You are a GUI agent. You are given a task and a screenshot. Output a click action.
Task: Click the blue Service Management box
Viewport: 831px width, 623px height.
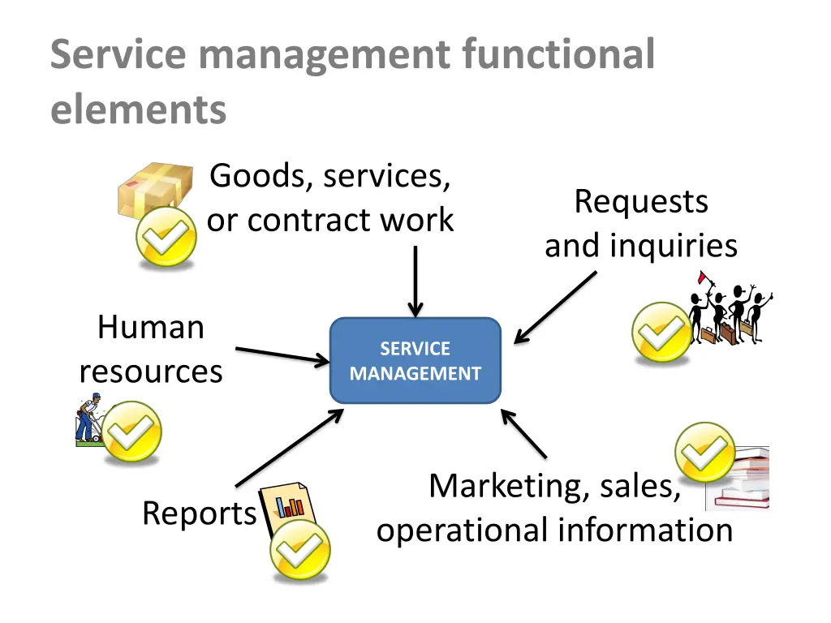(415, 361)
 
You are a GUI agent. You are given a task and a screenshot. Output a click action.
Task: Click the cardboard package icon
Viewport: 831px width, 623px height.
(154, 188)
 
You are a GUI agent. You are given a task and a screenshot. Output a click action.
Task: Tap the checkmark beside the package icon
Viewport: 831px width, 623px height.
(166, 237)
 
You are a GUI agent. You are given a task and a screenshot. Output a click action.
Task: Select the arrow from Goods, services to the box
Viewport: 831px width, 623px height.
(415, 281)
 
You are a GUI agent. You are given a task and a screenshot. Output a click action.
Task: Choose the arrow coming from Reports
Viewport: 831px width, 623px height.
(289, 448)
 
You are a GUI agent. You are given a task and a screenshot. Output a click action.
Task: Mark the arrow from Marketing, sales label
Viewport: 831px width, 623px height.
(524, 434)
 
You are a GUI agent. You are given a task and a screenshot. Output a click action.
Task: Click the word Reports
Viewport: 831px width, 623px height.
(199, 513)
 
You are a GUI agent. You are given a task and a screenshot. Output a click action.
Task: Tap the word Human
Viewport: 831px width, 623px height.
(150, 328)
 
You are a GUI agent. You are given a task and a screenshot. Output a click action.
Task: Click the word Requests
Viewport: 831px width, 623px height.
(641, 201)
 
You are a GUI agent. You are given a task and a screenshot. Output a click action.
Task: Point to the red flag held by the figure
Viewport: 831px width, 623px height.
(704, 278)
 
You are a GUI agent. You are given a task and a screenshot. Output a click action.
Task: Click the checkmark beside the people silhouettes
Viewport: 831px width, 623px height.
(661, 332)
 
